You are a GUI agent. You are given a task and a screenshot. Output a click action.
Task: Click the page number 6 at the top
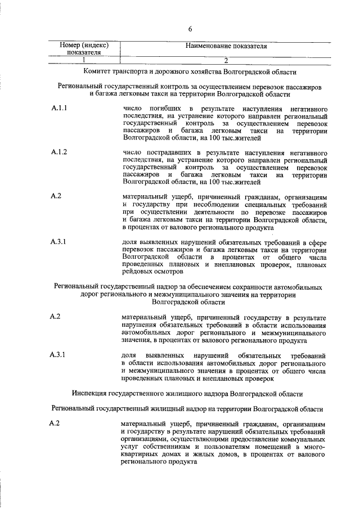[x=190, y=29]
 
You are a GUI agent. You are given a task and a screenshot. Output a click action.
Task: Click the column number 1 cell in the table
[x=84, y=60]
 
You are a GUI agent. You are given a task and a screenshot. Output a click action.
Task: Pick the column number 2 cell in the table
[x=225, y=60]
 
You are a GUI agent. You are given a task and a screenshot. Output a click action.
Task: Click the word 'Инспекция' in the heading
[x=91, y=394]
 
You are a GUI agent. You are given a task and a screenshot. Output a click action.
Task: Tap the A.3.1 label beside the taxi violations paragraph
[x=58, y=242]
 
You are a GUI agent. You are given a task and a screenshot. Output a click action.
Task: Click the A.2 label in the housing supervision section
[x=55, y=423]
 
